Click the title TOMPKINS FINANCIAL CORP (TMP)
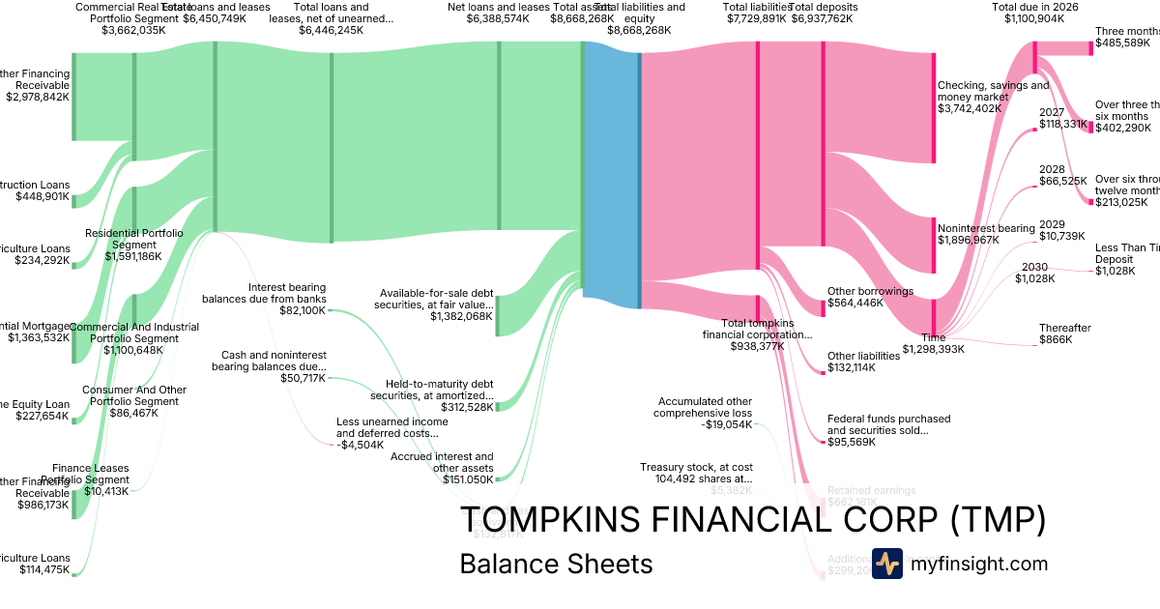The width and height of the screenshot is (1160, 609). click(752, 520)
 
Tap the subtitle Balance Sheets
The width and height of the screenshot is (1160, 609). click(556, 564)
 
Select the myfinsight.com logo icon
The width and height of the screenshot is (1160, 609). click(886, 564)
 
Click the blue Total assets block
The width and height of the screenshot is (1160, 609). click(611, 174)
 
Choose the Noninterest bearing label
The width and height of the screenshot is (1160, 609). click(986, 228)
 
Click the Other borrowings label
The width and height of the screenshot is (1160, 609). click(870, 291)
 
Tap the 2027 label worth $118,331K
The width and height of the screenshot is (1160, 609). click(1052, 112)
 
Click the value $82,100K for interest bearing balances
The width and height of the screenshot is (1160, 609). click(303, 311)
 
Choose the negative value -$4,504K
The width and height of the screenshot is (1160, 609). click(359, 446)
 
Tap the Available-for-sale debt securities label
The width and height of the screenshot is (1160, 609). click(436, 299)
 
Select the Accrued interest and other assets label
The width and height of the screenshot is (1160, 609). click(442, 462)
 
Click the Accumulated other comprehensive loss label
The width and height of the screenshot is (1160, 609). click(705, 407)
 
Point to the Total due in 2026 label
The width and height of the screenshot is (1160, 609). click(1035, 7)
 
